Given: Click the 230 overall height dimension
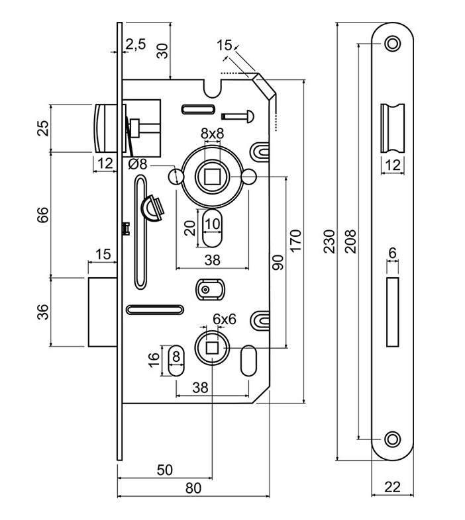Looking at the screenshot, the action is (x=329, y=241).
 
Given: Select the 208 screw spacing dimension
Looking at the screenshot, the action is (x=351, y=241).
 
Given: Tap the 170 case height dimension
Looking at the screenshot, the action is (x=295, y=240).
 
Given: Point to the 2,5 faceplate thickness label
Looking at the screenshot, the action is (x=136, y=44).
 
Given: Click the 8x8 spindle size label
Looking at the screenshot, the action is (x=213, y=134).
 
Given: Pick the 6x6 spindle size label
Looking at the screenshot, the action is (x=225, y=320).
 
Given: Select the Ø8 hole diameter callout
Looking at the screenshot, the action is (x=138, y=164).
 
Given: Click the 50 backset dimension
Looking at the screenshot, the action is (x=165, y=470).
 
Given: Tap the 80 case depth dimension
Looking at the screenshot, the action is (x=193, y=488).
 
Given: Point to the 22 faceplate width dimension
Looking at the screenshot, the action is (x=393, y=487).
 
